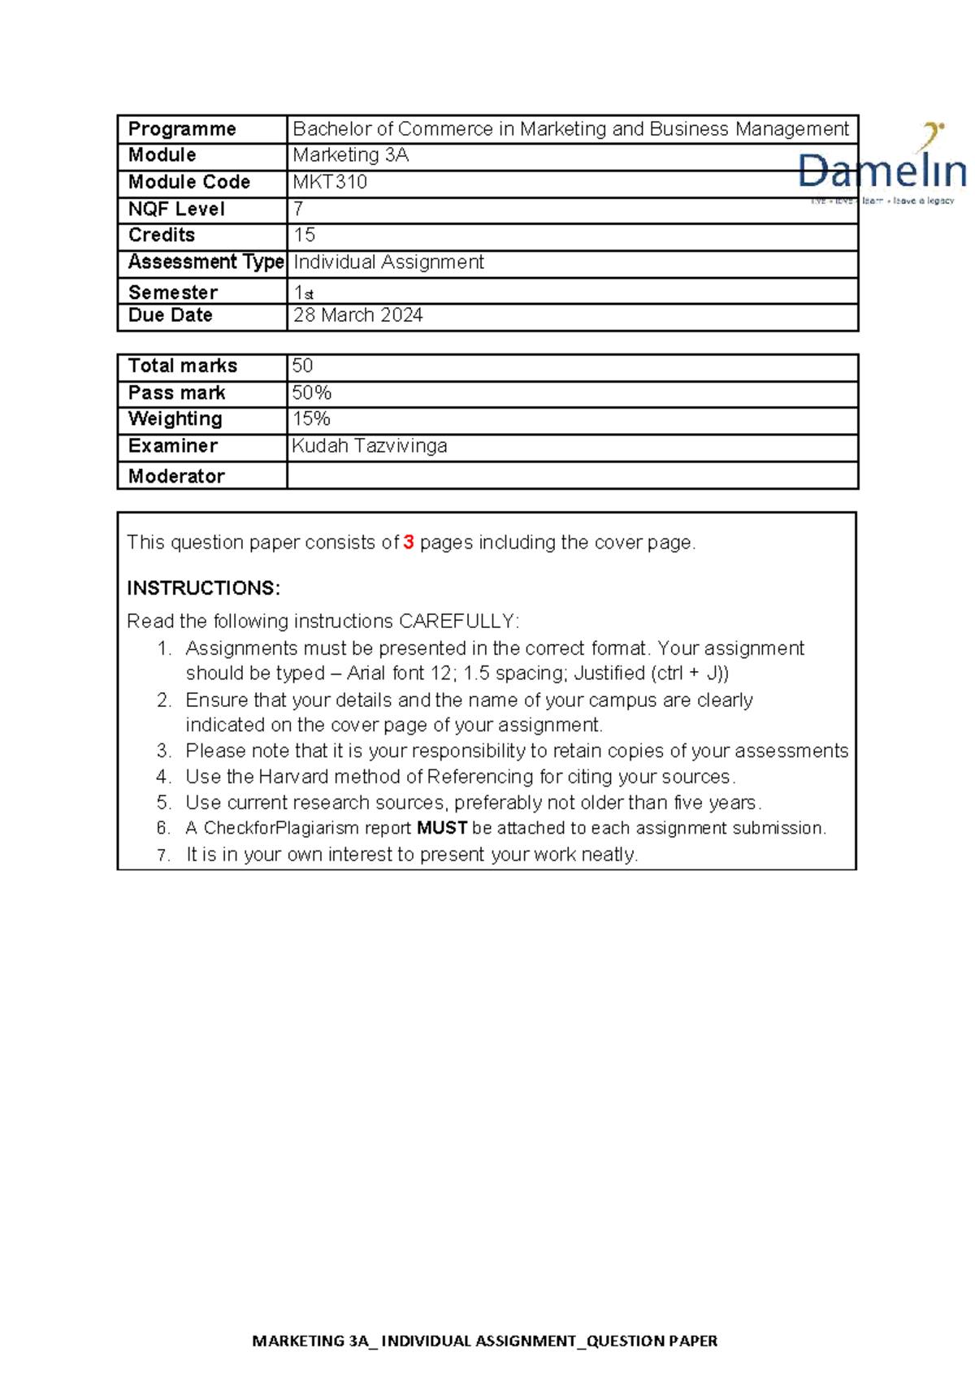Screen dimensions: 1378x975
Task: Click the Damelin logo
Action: coord(882,167)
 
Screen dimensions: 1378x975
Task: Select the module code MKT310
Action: coord(330,182)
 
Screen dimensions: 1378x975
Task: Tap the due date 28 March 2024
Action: coord(357,315)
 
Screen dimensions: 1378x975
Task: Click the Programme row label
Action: coord(182,129)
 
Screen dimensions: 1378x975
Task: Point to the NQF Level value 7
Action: coord(298,209)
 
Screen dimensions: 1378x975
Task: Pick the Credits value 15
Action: coord(304,235)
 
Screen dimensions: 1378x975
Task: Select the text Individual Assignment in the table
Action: coord(388,262)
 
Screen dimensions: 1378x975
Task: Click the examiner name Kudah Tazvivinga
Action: coord(370,446)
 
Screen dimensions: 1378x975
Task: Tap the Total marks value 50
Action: coord(302,366)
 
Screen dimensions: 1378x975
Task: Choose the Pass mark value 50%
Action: coord(312,393)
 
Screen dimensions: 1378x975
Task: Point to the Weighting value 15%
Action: coord(311,419)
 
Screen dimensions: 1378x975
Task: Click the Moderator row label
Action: coord(176,476)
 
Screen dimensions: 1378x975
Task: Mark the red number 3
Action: coord(409,542)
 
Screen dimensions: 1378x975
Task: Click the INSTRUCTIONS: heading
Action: coord(203,588)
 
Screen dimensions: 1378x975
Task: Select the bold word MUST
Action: coord(442,828)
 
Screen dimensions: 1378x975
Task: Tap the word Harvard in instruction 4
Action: coord(293,777)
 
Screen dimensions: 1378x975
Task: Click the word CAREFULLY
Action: coord(457,622)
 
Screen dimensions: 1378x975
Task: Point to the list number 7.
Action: coord(163,855)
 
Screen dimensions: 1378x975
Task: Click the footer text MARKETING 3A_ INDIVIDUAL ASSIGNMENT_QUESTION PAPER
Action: coord(485,1341)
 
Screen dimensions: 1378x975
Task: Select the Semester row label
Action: coord(173,292)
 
